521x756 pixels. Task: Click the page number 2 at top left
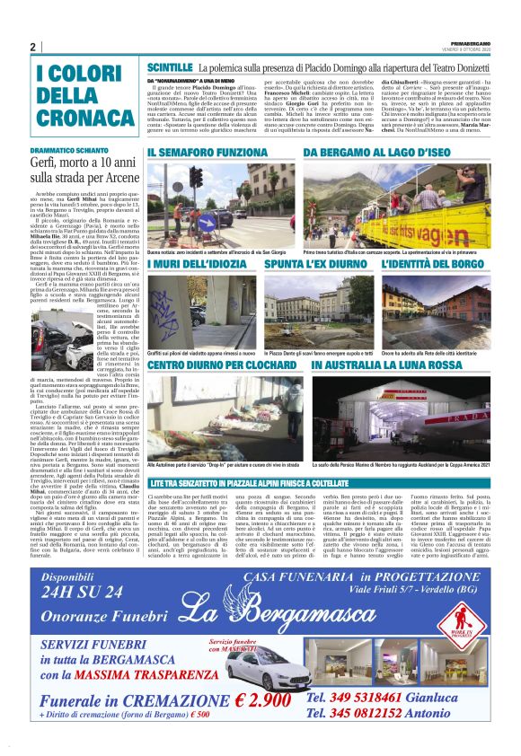click(32, 48)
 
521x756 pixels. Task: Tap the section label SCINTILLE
click(170, 67)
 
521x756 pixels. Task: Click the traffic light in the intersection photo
click(197, 178)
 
